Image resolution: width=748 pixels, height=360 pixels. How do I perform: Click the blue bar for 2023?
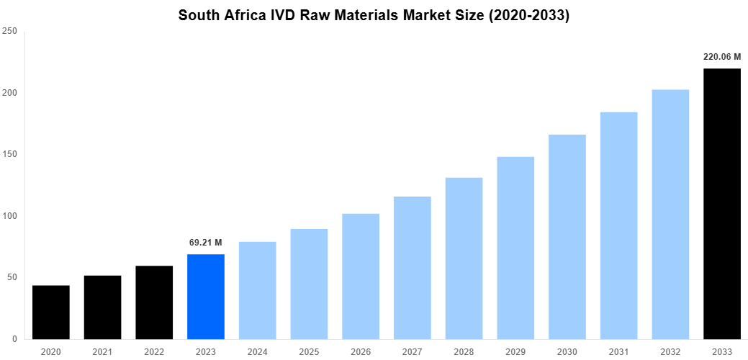point(205,297)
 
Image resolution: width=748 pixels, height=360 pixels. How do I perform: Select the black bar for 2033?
point(721,204)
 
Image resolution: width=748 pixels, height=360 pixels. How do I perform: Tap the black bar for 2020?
point(50,312)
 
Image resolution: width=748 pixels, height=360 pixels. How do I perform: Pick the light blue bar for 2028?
point(464,258)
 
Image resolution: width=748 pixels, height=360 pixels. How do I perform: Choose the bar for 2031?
point(618,225)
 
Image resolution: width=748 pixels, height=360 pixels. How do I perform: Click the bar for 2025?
point(309,284)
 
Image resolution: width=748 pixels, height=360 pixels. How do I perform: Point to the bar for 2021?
point(102,307)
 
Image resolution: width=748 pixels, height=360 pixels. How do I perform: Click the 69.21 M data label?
point(205,243)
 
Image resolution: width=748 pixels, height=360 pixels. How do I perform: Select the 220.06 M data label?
point(721,56)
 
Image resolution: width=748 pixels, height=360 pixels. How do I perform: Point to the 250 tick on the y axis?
point(10,32)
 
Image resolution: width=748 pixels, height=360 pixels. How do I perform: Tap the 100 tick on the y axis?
point(10,216)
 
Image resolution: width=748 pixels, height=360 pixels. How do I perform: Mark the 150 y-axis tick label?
point(10,155)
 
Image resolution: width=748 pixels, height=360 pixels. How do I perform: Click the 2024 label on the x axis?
point(257,351)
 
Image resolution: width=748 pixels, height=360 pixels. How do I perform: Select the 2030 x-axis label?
point(567,351)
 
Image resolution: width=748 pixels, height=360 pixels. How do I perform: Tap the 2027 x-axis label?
point(412,351)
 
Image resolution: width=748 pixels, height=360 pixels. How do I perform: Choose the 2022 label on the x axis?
point(154,351)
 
